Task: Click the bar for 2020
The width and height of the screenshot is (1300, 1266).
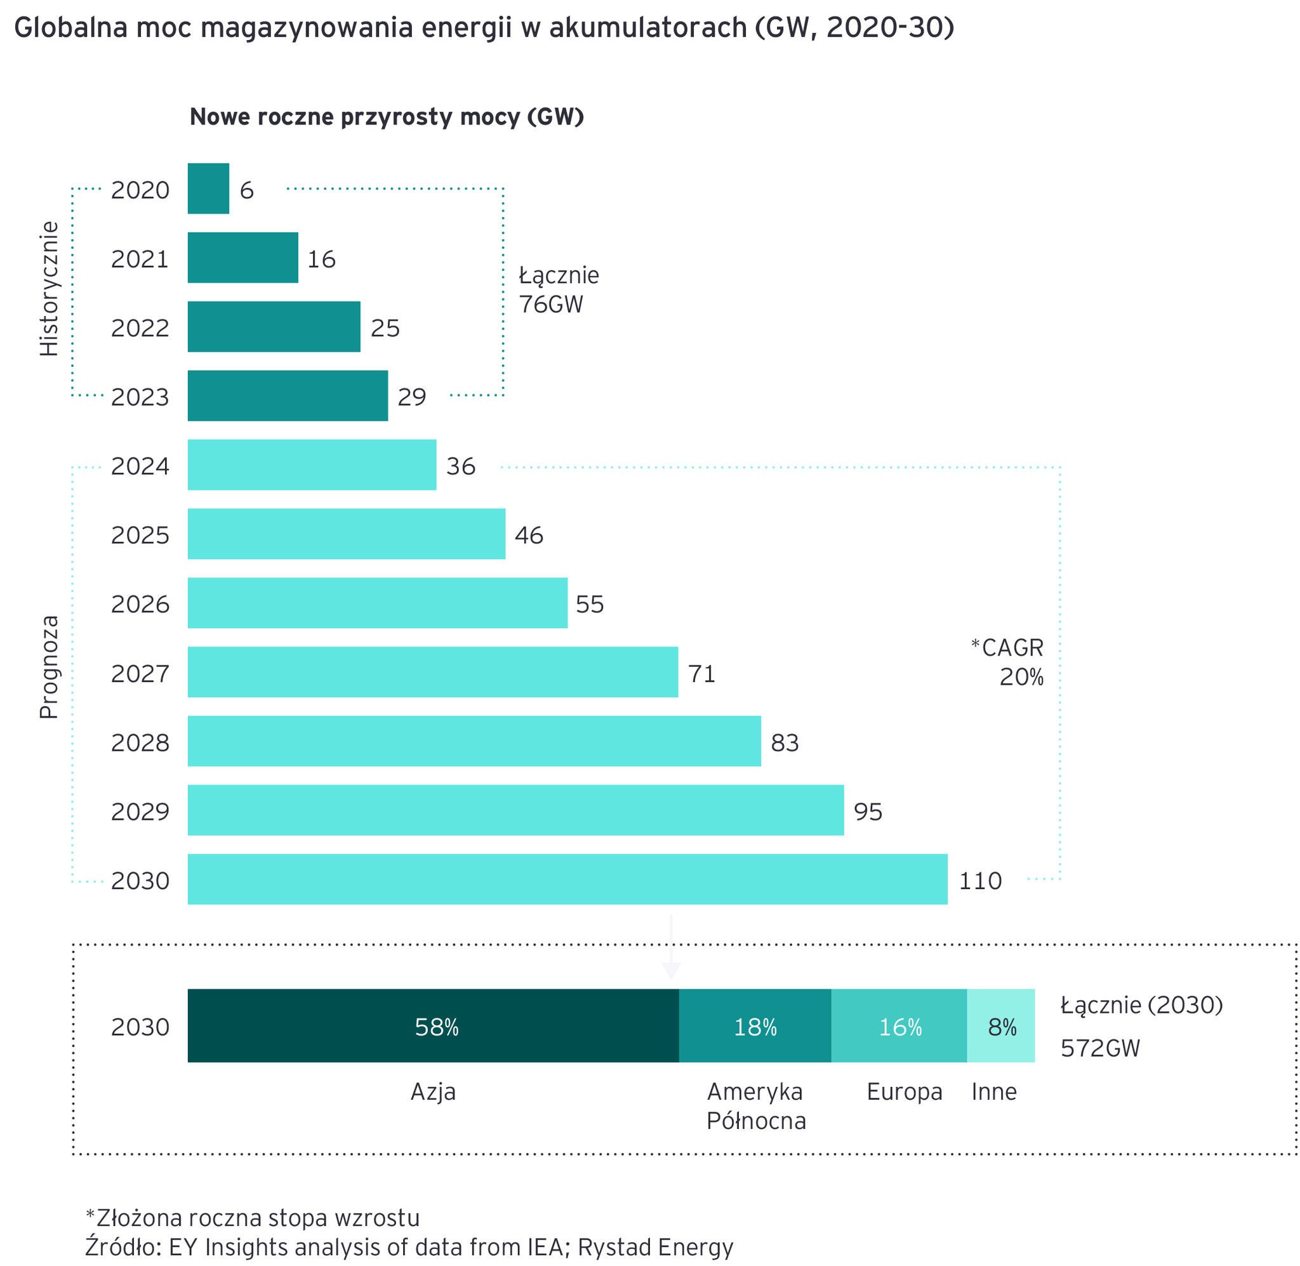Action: (x=208, y=189)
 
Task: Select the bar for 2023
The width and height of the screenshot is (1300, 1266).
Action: (x=288, y=395)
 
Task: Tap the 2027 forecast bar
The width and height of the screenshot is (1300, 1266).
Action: (x=432, y=672)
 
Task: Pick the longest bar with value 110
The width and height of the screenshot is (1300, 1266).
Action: (x=567, y=879)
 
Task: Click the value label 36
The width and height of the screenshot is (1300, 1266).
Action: (x=461, y=466)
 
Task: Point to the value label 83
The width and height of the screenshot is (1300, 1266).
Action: (x=785, y=742)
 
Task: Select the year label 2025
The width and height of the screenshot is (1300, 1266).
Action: (x=140, y=534)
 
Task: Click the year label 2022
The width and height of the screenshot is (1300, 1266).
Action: (x=140, y=328)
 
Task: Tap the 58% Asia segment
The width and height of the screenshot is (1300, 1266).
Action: (x=433, y=1027)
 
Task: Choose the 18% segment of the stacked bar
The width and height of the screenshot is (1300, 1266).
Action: (x=755, y=1027)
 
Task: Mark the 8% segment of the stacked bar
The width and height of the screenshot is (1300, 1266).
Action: (x=1001, y=1027)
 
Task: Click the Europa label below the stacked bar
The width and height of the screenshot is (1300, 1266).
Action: (x=905, y=1091)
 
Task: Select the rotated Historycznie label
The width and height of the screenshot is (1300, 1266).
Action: (x=50, y=289)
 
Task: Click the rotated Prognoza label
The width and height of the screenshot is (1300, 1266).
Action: (x=50, y=667)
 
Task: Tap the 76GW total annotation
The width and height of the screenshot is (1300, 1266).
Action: (x=551, y=304)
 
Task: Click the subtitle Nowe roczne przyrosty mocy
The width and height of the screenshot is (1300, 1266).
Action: (x=387, y=117)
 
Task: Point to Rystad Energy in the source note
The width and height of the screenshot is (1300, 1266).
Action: (x=655, y=1248)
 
